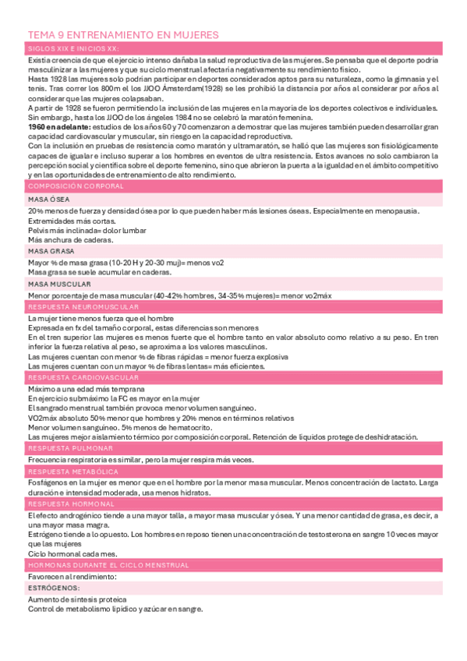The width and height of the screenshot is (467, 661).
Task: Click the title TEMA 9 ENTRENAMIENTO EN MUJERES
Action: point(122,35)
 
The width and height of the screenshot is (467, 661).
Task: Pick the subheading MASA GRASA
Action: point(51,251)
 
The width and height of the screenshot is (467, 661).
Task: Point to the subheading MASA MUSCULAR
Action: point(59,284)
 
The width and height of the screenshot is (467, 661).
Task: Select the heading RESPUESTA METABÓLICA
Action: point(73,472)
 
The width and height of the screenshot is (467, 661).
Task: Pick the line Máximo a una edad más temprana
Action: point(86,389)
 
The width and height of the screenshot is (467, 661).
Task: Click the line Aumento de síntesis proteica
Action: point(76,600)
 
